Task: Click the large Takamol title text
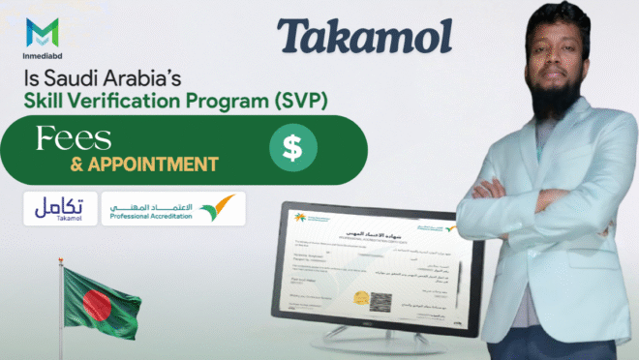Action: coord(365,36)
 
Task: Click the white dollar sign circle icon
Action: coord(289,149)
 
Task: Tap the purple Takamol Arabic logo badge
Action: coord(59,208)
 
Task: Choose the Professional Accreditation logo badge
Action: coord(172,208)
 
